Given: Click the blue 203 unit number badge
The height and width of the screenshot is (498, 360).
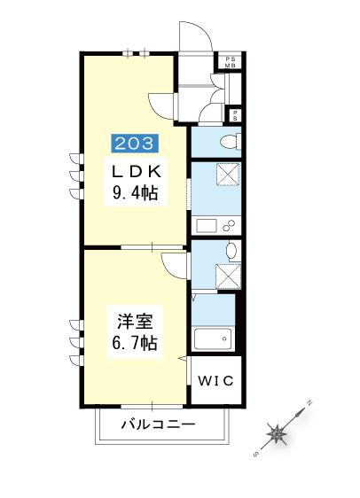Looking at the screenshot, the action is (135, 144).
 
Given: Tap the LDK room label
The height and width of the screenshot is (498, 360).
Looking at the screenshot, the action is (136, 172).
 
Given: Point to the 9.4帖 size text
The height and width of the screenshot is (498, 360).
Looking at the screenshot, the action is (136, 192).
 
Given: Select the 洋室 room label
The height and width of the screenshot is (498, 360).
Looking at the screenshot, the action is (136, 322).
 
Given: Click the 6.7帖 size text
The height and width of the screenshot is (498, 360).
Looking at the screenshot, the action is (135, 342).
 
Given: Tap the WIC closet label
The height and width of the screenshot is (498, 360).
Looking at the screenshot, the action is (216, 380).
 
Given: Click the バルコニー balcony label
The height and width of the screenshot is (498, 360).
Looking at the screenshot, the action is (158, 424).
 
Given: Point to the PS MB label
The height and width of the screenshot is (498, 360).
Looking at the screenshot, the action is (231, 62).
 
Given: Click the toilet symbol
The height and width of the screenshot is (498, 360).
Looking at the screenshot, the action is (231, 141).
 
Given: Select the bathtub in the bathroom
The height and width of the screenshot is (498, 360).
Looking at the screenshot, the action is (213, 339).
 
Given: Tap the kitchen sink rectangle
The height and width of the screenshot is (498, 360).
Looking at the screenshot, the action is (207, 225).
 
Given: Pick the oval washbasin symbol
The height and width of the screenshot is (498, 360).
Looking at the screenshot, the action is (231, 251).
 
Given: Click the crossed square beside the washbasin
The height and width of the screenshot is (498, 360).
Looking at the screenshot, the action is (229, 276).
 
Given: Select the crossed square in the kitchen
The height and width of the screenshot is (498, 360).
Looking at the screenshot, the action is (228, 174).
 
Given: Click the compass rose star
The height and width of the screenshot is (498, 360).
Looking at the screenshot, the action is (277, 433).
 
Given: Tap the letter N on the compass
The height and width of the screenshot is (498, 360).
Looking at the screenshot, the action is (309, 402).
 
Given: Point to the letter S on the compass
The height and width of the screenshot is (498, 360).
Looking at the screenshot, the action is (255, 455).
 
